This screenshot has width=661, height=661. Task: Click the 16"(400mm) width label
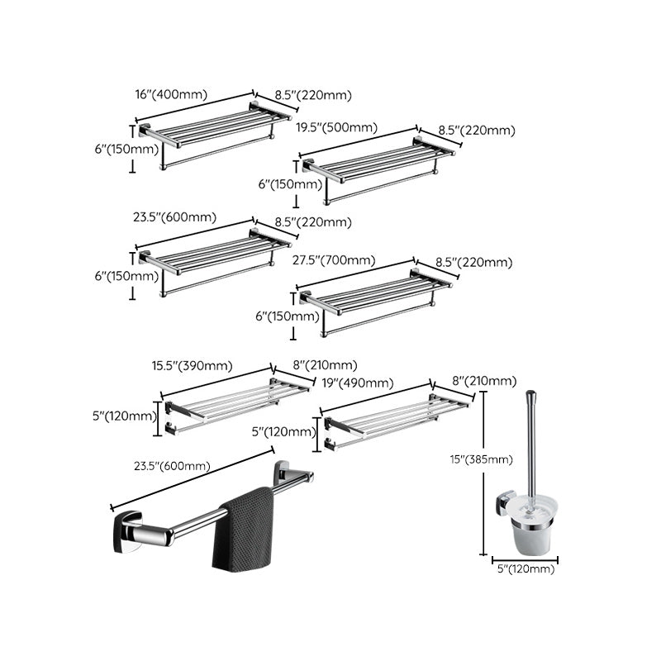[x=170, y=95]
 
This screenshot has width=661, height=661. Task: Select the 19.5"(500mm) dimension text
[x=336, y=127]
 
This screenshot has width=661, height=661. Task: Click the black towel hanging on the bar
[x=244, y=530]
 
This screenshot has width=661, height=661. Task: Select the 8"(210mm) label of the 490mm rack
[x=486, y=381]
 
